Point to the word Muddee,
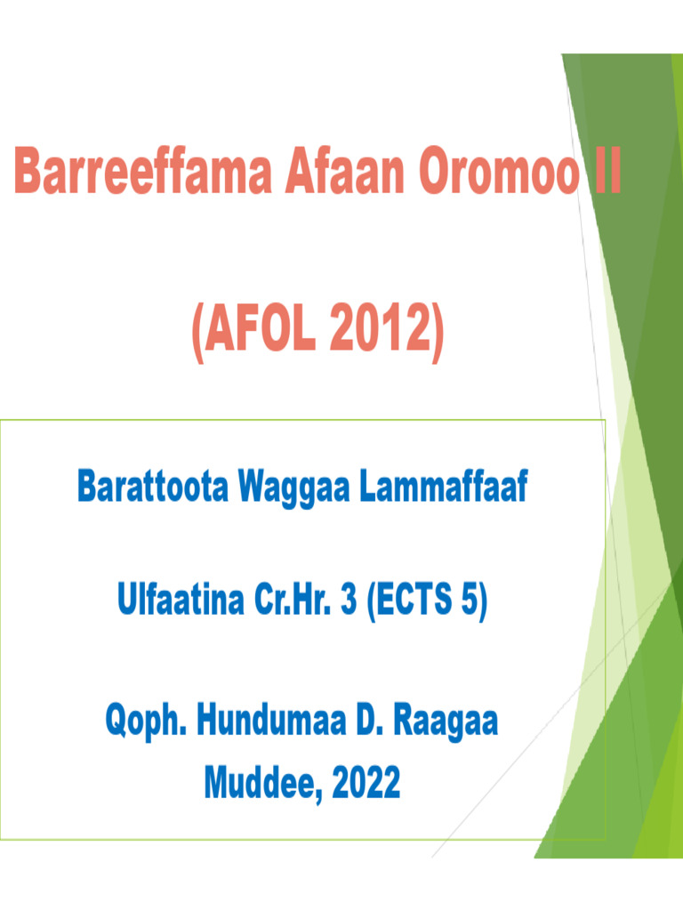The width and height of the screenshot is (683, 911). click(x=262, y=784)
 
